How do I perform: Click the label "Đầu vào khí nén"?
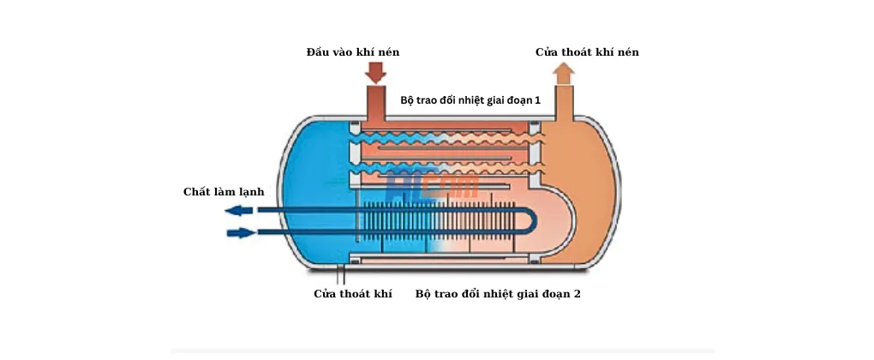pos(352,52)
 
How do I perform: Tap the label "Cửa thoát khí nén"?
pos(587,52)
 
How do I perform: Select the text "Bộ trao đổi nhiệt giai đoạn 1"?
pos(470,100)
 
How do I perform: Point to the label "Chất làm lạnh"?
pos(224,191)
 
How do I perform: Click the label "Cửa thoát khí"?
pos(352,294)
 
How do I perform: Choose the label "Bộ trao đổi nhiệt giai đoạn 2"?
pos(498,294)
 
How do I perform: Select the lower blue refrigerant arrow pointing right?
pos(242,232)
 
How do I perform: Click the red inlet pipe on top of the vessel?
pos(374,103)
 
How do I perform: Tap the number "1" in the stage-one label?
pos(537,100)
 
